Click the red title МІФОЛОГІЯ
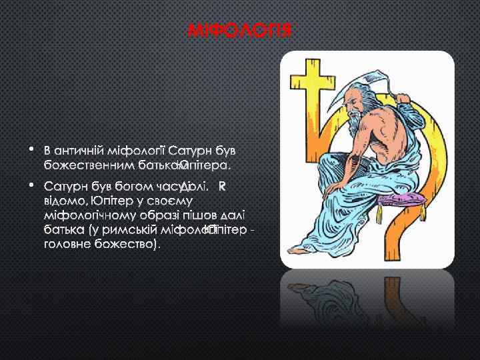click(240, 31)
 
